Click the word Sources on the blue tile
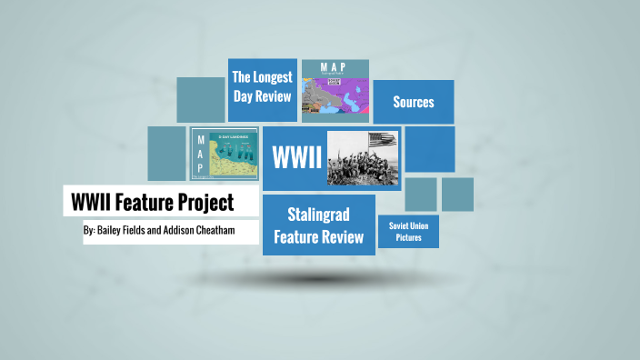pyautogui.click(x=413, y=102)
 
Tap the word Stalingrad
pyautogui.click(x=318, y=215)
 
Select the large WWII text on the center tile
pyautogui.click(x=297, y=156)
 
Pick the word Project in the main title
pyautogui.click(x=204, y=201)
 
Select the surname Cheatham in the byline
pyautogui.click(x=210, y=231)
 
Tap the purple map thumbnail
pyautogui.click(x=335, y=96)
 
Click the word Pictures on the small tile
pyautogui.click(x=409, y=238)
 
